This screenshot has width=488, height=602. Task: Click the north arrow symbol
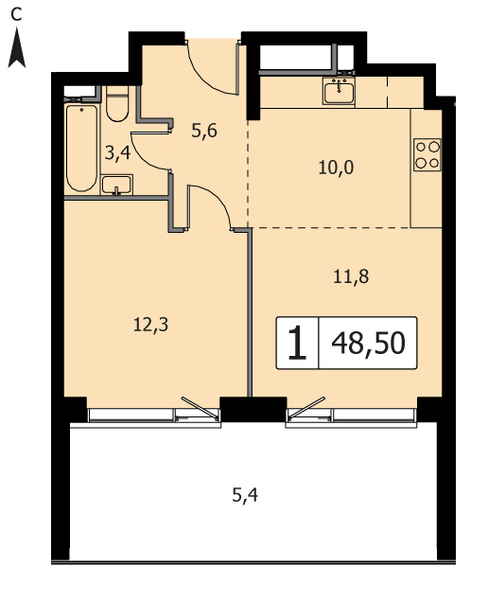(x=17, y=49)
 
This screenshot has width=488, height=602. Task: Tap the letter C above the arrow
(x=16, y=14)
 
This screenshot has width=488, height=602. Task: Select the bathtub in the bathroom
(x=81, y=148)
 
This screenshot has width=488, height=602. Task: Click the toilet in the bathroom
(x=117, y=104)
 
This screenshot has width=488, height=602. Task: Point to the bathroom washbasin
(x=116, y=185)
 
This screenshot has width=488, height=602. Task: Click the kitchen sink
(x=339, y=91)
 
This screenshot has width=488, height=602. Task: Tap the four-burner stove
(x=427, y=154)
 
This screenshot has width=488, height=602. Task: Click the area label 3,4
(x=118, y=153)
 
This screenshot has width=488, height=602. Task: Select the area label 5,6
(x=204, y=132)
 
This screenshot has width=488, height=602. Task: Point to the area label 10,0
(x=336, y=168)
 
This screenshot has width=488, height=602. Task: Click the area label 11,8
(x=351, y=276)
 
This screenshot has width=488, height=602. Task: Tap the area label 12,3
(x=150, y=326)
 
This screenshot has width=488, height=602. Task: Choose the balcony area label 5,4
(x=245, y=495)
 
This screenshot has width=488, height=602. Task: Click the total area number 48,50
(x=368, y=343)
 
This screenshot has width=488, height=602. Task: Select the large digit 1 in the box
(x=297, y=343)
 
